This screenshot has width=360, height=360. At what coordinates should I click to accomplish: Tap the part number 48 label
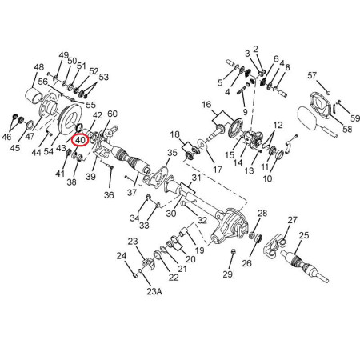38,66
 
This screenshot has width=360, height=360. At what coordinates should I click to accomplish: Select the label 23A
154,291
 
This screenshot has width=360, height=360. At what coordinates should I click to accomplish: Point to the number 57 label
312,75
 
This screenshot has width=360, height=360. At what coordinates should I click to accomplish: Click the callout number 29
228,274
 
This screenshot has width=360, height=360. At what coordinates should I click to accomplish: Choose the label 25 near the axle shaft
304,235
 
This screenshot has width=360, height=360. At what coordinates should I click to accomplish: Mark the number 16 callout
206,104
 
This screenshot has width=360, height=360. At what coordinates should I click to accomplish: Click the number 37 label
132,192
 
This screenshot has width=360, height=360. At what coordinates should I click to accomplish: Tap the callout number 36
109,195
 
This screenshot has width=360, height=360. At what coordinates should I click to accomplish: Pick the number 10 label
267,178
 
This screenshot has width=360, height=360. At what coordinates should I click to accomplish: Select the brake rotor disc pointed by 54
71,120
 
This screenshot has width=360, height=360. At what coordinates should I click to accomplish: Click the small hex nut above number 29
233,251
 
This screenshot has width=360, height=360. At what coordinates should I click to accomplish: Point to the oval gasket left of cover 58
307,118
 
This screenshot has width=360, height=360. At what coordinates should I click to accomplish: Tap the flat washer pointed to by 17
203,144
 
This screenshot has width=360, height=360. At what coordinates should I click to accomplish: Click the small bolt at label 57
328,93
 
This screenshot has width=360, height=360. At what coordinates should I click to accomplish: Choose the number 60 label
112,114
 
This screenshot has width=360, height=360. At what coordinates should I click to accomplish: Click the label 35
172,153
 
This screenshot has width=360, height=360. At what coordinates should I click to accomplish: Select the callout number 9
245,112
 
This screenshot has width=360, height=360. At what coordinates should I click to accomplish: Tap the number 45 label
15,147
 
